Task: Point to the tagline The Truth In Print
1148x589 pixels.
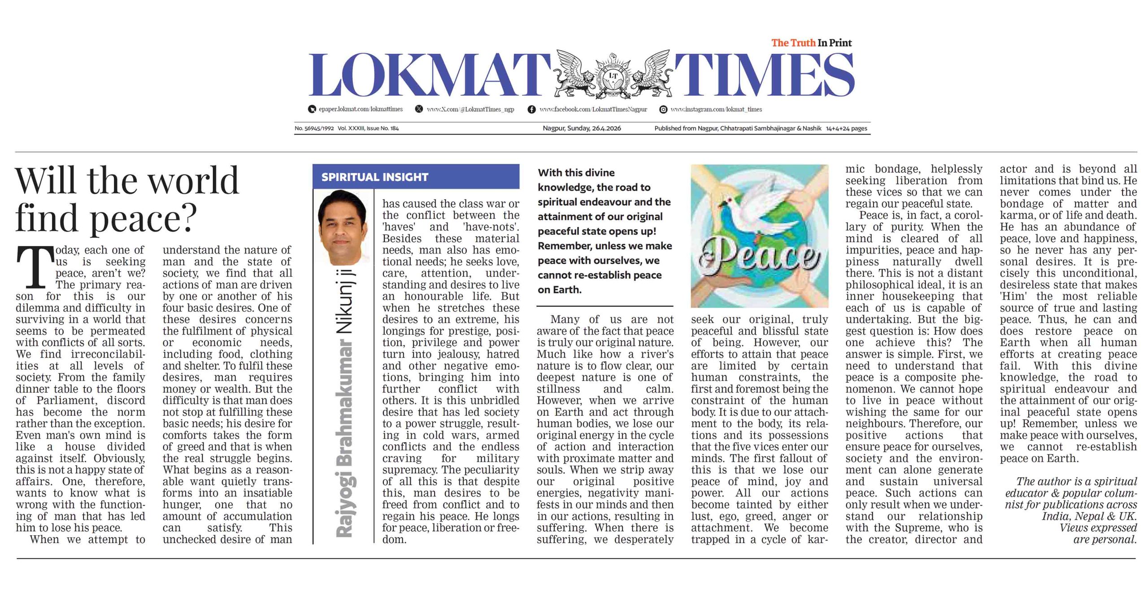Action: point(811,43)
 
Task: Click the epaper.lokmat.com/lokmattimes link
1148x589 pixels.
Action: point(361,109)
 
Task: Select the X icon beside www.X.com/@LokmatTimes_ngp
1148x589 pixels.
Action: point(419,109)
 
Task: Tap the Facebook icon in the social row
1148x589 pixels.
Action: point(531,109)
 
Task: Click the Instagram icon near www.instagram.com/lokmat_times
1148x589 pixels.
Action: point(663,109)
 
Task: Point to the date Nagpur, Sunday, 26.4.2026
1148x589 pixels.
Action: point(582,128)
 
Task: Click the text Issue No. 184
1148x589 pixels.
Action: point(383,128)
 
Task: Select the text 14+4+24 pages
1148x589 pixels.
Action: point(846,128)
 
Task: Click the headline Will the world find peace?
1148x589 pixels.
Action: point(127,199)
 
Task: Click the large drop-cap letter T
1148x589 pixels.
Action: point(33,268)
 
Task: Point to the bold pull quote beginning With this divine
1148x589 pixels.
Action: point(604,231)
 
